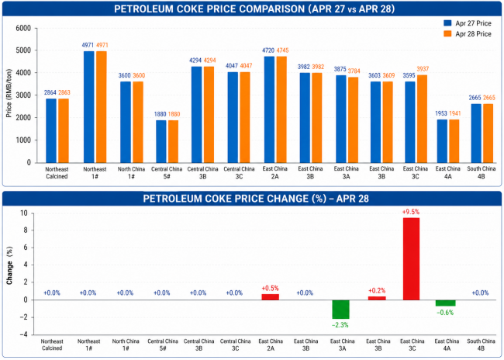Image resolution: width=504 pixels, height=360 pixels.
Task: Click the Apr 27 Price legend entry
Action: click(x=464, y=23)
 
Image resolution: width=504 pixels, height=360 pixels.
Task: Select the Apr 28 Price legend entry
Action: click(x=464, y=33)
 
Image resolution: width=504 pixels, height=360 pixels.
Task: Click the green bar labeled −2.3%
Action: click(x=340, y=310)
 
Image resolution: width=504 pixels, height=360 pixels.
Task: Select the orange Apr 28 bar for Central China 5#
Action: click(x=174, y=141)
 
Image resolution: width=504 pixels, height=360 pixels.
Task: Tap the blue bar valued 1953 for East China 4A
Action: click(x=443, y=140)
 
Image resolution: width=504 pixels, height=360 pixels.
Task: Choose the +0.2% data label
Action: click(x=377, y=290)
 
